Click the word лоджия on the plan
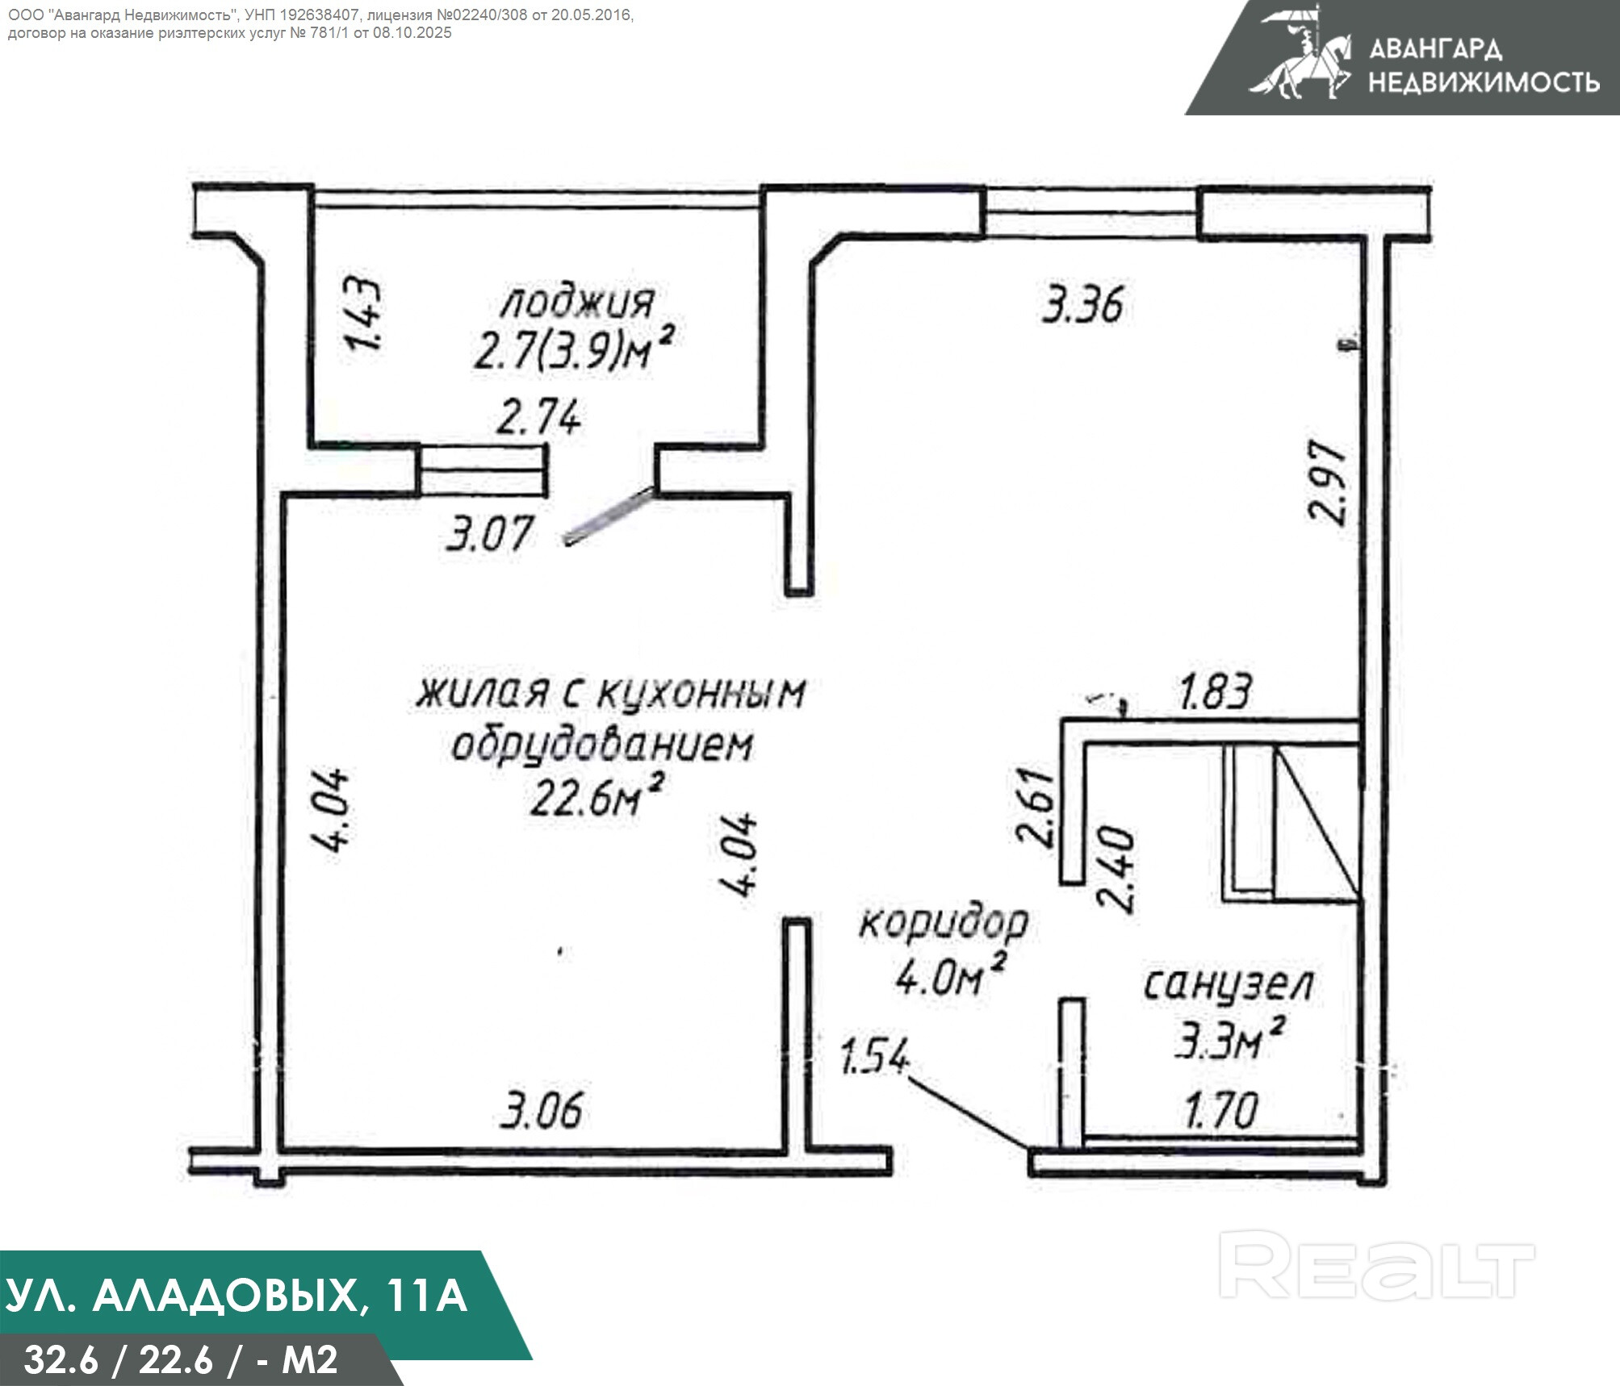tap(576, 303)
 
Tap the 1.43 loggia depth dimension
tap(366, 314)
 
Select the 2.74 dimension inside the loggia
tap(538, 419)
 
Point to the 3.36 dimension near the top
tap(1082, 306)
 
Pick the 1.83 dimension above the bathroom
tap(1216, 692)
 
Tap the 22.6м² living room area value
tap(597, 795)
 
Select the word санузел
tap(1229, 986)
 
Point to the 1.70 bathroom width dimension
tap(1221, 1110)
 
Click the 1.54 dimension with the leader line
tap(875, 1058)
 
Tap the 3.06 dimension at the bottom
tap(541, 1110)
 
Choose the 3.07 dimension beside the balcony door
tap(490, 533)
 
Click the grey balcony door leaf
tap(608, 516)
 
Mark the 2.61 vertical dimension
tap(1036, 807)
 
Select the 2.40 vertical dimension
tap(1116, 868)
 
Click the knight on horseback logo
tap(1300, 53)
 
